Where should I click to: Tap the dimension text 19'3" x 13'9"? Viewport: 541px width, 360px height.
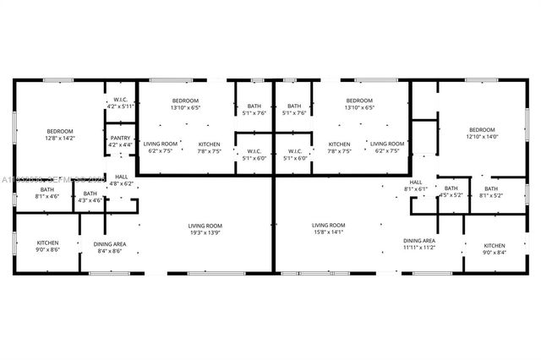[205, 232]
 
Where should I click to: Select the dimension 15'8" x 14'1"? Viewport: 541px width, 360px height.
[329, 232]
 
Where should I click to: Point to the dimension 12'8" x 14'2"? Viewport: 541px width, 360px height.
[60, 138]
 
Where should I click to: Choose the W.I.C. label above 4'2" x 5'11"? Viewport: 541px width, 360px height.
[121, 100]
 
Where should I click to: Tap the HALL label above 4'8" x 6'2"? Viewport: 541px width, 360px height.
[121, 177]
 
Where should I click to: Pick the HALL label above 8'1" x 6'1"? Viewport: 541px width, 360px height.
[416, 182]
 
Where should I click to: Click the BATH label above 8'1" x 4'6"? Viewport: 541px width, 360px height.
[46, 189]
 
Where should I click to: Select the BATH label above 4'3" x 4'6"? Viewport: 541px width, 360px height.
[90, 194]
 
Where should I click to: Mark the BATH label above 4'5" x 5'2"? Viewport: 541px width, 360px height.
[451, 188]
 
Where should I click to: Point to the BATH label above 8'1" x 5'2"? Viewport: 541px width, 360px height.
[491, 188]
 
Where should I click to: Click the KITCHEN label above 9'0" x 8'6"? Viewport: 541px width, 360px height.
[47, 243]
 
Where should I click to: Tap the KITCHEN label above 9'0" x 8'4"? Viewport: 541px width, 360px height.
[495, 245]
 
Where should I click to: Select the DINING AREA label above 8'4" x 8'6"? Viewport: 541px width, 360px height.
[110, 244]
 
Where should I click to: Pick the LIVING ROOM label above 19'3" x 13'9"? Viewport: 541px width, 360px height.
[205, 225]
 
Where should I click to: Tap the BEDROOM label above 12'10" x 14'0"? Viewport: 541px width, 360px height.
[482, 129]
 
